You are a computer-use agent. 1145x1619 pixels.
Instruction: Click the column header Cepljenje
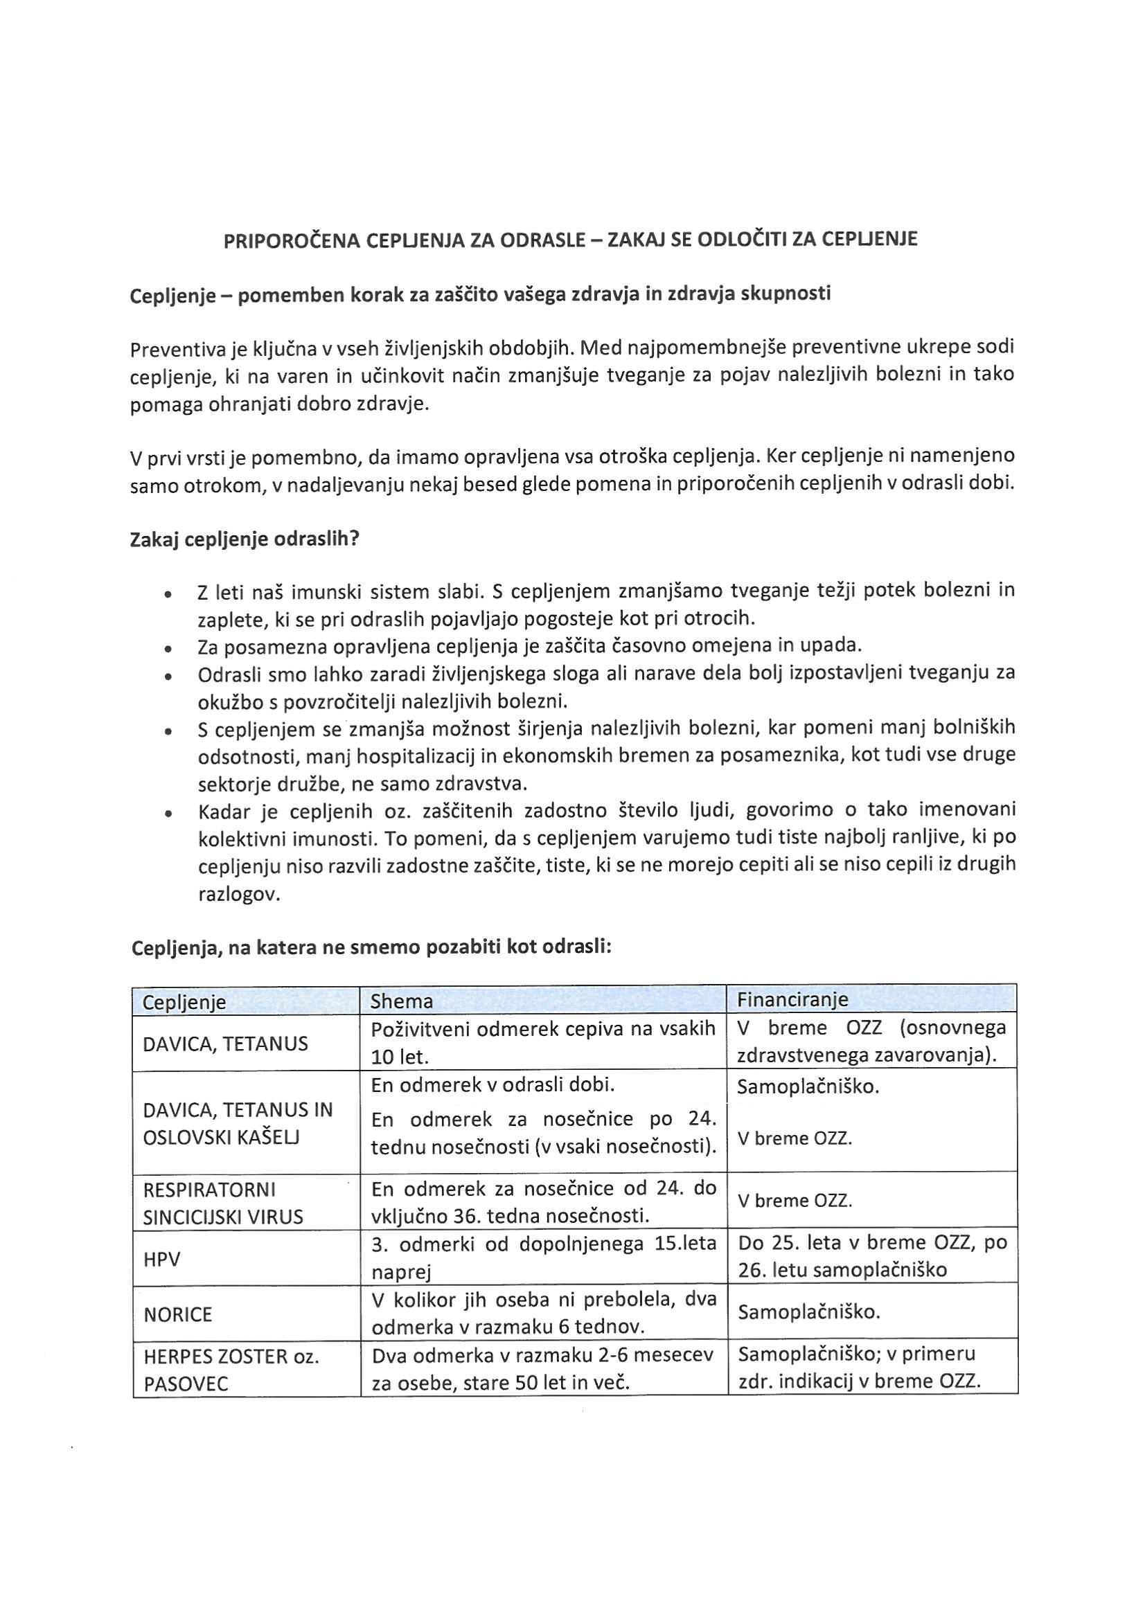coord(184,1002)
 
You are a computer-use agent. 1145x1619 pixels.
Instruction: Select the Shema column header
coord(402,1002)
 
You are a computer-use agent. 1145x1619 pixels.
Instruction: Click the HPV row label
coord(161,1260)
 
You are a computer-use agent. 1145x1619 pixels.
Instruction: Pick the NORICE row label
coord(177,1314)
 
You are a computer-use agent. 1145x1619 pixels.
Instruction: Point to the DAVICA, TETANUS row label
coord(225,1044)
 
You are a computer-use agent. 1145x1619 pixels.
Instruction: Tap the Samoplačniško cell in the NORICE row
coord(808,1312)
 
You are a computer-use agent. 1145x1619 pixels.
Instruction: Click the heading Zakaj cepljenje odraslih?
coord(245,540)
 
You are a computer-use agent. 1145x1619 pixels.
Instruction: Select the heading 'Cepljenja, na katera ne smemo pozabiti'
coord(371,947)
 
